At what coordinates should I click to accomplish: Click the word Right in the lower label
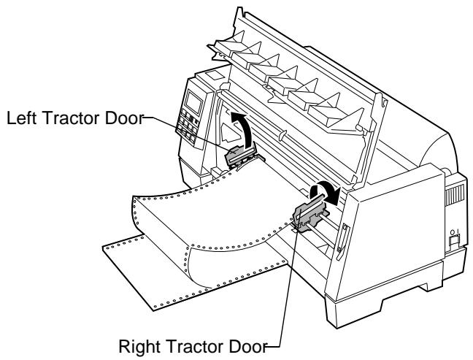pos(139,346)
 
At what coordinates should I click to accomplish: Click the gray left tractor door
pos(236,156)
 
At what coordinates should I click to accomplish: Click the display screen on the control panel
pos(193,102)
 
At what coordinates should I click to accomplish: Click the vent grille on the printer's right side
pos(455,195)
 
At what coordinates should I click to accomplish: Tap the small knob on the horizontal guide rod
pos(282,135)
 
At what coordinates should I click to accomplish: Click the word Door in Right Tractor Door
pos(248,346)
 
